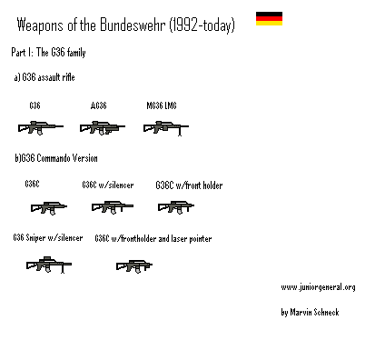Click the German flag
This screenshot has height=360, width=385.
click(268, 19)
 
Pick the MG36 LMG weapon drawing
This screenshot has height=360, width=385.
click(164, 128)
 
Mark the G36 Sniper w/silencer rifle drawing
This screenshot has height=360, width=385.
click(48, 265)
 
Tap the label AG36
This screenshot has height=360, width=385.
click(99, 106)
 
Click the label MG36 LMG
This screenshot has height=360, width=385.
click(162, 106)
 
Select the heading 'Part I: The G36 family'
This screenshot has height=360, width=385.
click(48, 54)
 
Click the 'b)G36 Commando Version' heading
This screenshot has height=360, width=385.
click(56, 158)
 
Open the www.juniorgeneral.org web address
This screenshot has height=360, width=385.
click(318, 287)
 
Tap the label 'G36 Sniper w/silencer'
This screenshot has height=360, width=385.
click(48, 238)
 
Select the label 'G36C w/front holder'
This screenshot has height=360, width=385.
click(189, 185)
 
